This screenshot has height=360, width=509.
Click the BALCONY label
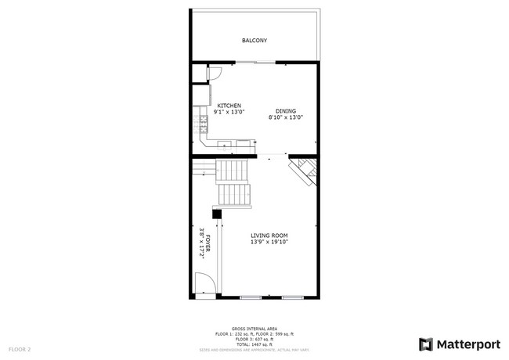point(254,40)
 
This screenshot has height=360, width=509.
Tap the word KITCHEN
point(229,106)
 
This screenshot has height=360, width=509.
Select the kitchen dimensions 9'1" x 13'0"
point(229,112)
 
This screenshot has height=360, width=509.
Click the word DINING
point(285,111)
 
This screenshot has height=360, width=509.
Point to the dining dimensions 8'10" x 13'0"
point(285,117)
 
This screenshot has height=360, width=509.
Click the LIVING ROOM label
point(269,236)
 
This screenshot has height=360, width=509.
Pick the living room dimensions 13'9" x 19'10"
point(269,242)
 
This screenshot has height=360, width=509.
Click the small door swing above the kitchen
point(214,73)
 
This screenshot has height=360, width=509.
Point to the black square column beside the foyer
point(217,213)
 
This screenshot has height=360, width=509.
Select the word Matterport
point(467,344)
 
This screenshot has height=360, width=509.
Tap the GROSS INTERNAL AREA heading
point(254,329)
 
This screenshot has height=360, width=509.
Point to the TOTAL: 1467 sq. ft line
point(254,344)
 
